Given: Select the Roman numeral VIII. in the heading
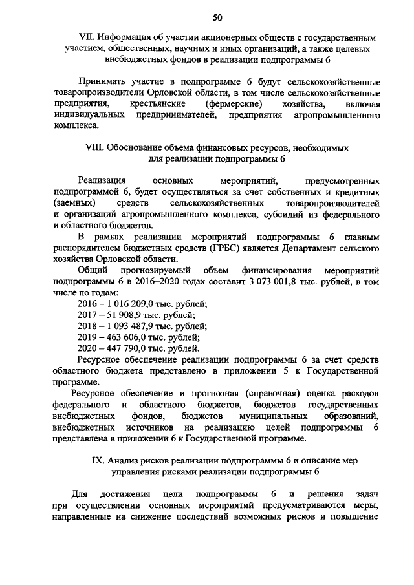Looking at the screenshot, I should click(x=94, y=147).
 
